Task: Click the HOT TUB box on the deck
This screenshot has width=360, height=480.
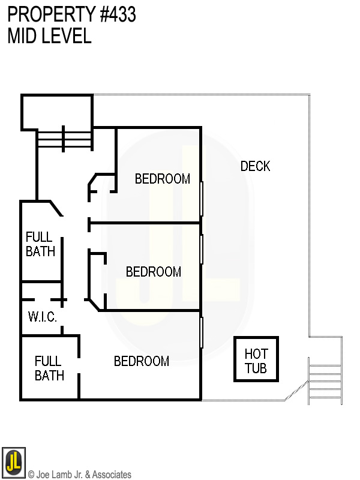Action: click(256, 360)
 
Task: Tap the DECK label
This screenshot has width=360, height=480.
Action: click(256, 166)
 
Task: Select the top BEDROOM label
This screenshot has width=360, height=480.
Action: click(163, 179)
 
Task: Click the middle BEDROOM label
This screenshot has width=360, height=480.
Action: click(154, 272)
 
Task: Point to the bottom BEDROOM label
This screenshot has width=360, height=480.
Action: click(142, 361)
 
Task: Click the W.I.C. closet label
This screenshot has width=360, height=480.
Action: click(43, 317)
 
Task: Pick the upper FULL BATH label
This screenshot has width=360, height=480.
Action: click(40, 244)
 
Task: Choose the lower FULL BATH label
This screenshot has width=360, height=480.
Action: click(49, 368)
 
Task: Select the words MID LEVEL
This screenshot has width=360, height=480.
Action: click(49, 36)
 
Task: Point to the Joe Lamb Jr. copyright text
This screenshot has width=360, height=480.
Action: click(80, 475)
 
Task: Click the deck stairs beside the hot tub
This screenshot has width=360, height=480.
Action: click(325, 381)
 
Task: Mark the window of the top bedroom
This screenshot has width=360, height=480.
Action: click(202, 199)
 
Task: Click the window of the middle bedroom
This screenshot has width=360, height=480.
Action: click(202, 250)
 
